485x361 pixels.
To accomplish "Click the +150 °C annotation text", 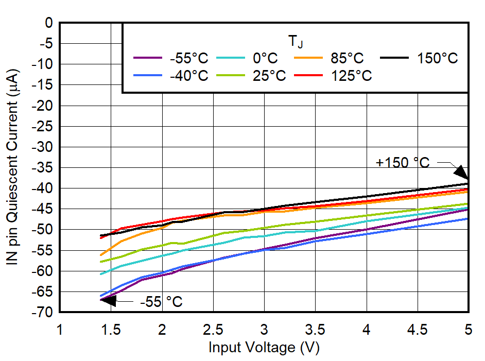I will coord(402,163).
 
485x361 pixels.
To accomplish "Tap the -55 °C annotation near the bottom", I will coord(161,302).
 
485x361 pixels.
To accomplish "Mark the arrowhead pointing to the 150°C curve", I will coord(461,173).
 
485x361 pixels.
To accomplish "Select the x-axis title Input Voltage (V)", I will coord(264,348).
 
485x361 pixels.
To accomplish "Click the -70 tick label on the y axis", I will coord(44,312).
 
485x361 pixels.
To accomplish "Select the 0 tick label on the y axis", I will coord(49,23).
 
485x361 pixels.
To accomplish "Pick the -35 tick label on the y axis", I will coord(44,167).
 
